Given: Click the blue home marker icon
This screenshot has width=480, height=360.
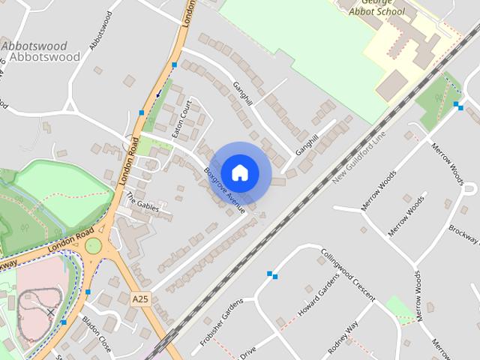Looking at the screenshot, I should click(239, 173).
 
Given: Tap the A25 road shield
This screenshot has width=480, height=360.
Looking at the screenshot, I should click(140, 298).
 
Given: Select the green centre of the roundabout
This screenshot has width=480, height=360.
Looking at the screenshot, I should click(93, 246).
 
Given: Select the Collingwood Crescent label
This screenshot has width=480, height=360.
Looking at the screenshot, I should click(347, 274).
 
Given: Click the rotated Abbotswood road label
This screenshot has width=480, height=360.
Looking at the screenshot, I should click(104, 30).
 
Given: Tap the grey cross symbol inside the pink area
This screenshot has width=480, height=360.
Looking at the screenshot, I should click(51, 312).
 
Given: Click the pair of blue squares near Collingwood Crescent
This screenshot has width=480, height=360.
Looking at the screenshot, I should click(272, 275).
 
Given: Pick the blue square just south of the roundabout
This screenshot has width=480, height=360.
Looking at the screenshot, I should click(88, 292).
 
